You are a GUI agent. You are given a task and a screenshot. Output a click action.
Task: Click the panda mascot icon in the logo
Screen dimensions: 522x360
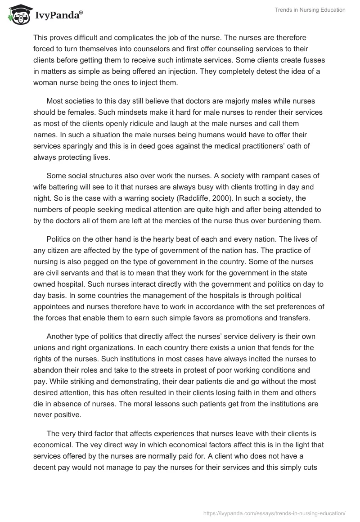click(18, 15)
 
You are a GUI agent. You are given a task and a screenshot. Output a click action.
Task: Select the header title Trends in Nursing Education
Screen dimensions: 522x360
click(310, 10)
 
